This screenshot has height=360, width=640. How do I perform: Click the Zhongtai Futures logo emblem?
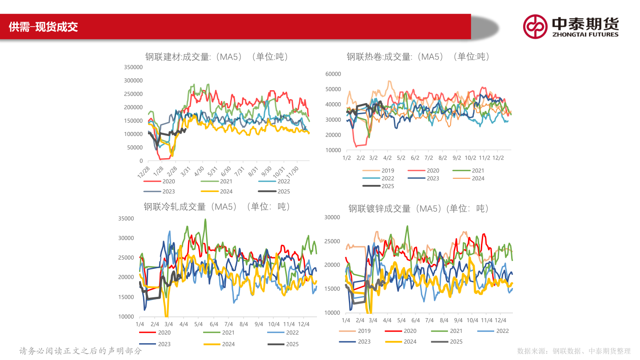pos(535,26)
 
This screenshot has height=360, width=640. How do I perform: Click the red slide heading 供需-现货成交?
pos(44,27)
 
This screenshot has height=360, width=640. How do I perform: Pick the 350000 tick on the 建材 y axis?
pos(133,67)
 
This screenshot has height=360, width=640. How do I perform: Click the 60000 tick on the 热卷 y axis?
pos(333,74)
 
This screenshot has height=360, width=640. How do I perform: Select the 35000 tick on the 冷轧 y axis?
pos(126,218)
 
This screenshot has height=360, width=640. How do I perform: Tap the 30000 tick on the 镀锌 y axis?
pos(332,217)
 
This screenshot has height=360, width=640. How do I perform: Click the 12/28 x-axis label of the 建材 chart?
pos(144,171)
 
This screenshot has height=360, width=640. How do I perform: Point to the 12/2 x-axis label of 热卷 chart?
pos(499,158)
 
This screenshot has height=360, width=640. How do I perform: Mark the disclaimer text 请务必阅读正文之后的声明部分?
pos(80,351)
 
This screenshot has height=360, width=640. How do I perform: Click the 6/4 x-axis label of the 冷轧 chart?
pos(214,324)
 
